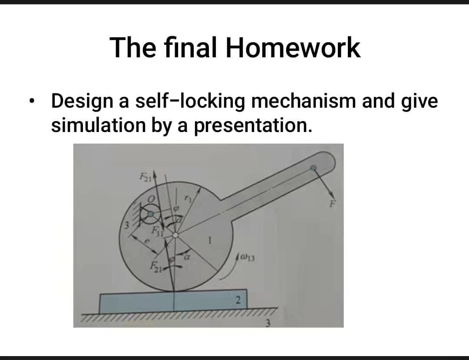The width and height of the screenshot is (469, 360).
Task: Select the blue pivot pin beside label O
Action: (x=150, y=214)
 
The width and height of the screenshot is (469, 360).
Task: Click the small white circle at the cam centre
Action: (x=175, y=235)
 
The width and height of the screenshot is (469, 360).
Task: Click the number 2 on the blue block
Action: (x=237, y=300)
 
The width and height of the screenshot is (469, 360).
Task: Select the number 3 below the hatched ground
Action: (x=268, y=323)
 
